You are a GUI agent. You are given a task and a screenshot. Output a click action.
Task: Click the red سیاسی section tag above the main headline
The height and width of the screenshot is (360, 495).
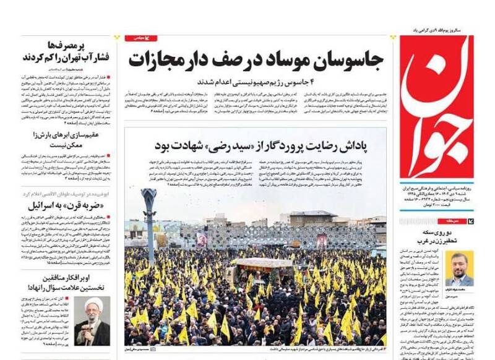pos(141,38)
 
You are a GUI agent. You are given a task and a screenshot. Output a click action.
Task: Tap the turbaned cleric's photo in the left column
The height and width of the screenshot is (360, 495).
pos(92,321)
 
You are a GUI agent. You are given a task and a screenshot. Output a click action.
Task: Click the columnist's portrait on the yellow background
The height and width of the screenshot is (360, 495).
pos(458,268)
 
